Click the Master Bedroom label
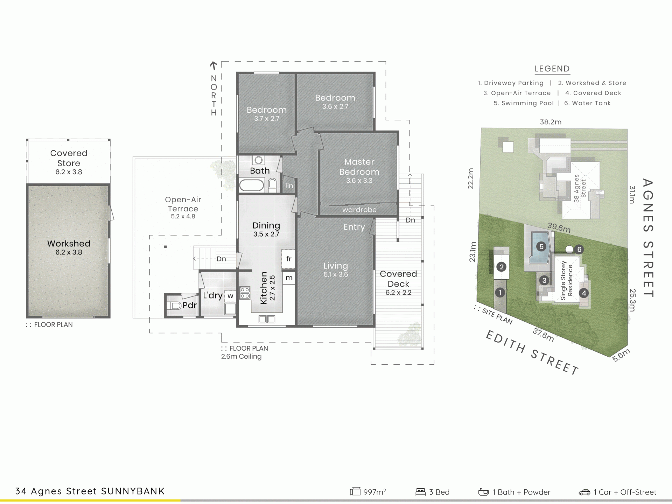359,167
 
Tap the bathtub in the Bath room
252,185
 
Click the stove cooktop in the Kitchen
245,293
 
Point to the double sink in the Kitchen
267,319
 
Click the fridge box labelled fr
288,259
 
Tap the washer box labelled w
230,296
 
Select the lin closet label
289,185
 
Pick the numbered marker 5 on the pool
541,247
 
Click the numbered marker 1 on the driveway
500,293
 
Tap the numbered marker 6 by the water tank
579,250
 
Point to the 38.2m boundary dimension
551,122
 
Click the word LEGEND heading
552,69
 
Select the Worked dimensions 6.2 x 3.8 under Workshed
69,252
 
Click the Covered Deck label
398,279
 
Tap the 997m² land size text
374,492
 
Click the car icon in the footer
584,492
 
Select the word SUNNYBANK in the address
133,491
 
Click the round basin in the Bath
259,160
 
